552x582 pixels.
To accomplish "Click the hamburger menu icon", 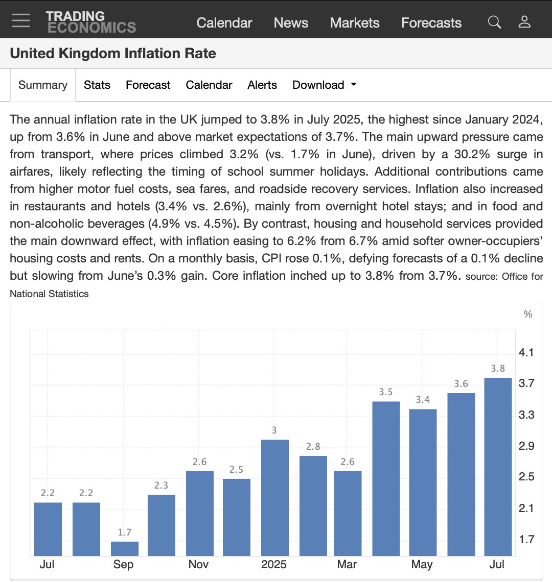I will click(21, 20).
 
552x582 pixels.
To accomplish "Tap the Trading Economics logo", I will click(90, 21).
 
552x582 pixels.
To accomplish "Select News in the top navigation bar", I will click(291, 23).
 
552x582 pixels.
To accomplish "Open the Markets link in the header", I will click(355, 23).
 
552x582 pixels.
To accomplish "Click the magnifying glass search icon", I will click(494, 22).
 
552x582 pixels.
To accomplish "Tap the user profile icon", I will click(524, 22).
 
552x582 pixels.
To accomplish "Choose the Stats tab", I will click(97, 85).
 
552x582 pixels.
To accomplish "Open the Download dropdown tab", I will click(324, 85).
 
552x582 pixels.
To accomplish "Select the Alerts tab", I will click(262, 85).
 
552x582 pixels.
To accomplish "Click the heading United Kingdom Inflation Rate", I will click(113, 54).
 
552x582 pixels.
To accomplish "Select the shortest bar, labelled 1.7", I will click(125, 549).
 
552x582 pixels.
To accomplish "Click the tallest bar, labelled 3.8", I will click(498, 467).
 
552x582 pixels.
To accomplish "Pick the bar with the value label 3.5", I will click(386, 478).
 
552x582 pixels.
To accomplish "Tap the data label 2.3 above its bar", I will click(161, 486).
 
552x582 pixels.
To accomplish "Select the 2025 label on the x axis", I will click(273, 565).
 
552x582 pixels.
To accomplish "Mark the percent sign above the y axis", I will click(528, 314).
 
